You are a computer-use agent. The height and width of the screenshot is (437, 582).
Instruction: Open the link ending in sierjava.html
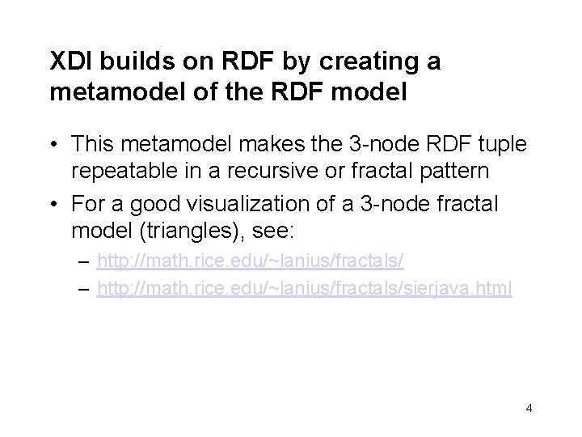[304, 289]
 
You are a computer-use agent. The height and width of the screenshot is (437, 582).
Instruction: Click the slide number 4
[529, 408]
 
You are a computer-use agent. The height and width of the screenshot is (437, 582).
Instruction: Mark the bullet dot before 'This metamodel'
[55, 146]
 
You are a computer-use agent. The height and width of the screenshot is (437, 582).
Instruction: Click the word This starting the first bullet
[93, 145]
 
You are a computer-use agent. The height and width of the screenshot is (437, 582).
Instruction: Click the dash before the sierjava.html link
[86, 289]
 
